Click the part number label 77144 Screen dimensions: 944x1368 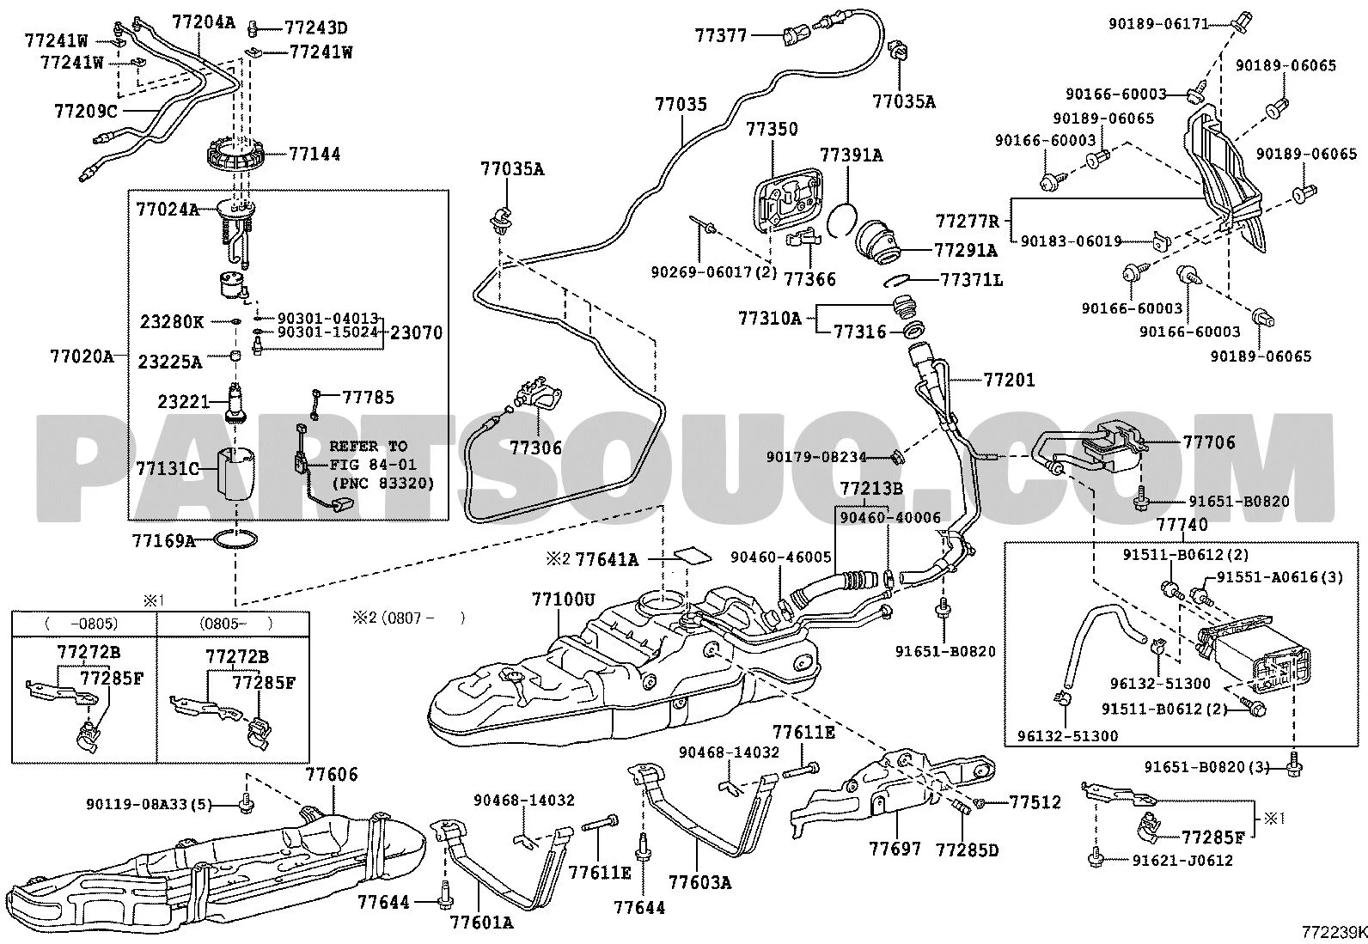click(x=315, y=155)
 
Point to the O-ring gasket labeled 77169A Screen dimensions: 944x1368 click(x=235, y=541)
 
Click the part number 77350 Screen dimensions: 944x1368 click(x=772, y=130)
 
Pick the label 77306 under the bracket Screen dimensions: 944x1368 click(x=535, y=448)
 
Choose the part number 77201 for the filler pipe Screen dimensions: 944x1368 click(x=1010, y=380)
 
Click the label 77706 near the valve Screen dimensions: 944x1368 click(x=1209, y=442)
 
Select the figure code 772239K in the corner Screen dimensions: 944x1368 click(x=1333, y=932)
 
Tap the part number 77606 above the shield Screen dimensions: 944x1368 click(x=332, y=775)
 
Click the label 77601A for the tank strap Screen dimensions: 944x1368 click(x=481, y=923)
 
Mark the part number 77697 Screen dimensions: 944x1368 click(x=895, y=850)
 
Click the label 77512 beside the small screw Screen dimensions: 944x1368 click(x=1035, y=803)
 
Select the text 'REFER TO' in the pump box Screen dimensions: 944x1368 click(x=369, y=447)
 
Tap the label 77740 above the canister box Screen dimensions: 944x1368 click(x=1182, y=525)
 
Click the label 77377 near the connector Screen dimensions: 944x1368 click(x=722, y=36)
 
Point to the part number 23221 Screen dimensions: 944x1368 click(x=184, y=401)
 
